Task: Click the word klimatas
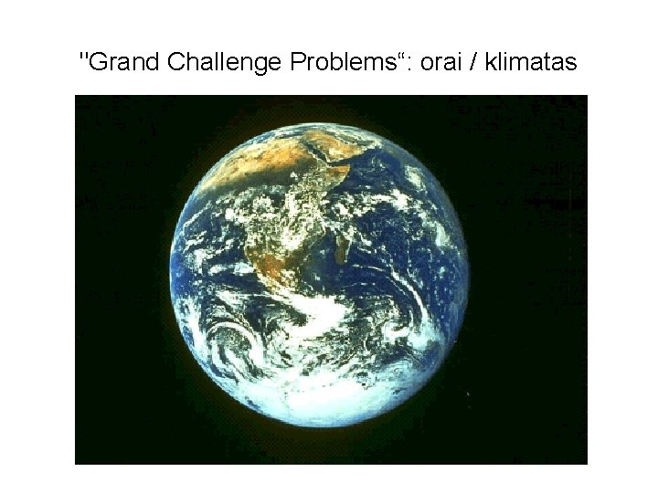pos(534,63)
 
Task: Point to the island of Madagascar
pos(341,245)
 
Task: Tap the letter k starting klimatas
pos(493,63)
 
